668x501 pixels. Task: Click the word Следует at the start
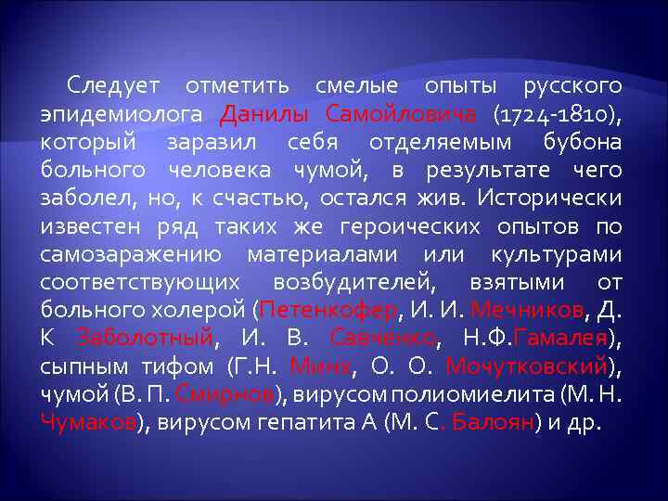[113, 86]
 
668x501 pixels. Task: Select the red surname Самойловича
[402, 114]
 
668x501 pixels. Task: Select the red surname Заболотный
[147, 338]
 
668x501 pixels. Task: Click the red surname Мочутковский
[527, 366]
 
